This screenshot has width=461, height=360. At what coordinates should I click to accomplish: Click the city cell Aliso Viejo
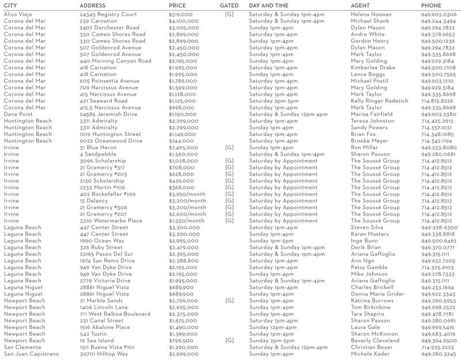21,14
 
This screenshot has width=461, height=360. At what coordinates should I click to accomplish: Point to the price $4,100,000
184,21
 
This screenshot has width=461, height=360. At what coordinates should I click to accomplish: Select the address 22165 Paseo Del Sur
106,254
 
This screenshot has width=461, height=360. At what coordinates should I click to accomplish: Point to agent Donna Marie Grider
377,294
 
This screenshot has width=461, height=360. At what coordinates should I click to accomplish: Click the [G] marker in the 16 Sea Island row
229,340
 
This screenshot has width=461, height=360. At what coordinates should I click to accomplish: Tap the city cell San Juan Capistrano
32,354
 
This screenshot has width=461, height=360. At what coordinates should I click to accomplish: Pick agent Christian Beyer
371,347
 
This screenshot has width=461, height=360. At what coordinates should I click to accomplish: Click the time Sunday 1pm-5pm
271,241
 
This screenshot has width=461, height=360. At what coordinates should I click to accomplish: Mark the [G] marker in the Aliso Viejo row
229,14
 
